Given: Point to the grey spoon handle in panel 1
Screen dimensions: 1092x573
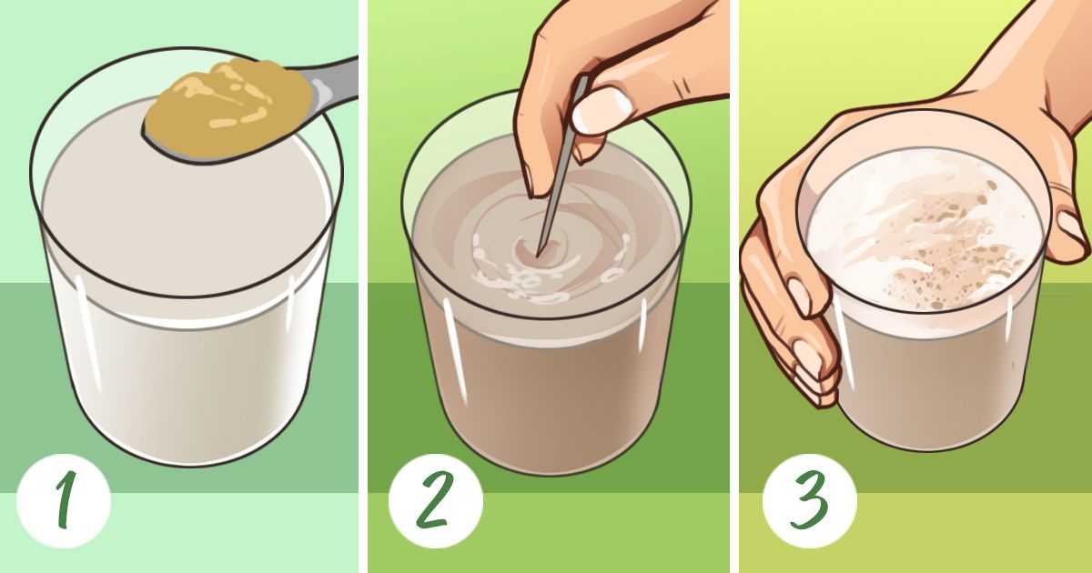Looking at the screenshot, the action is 331,84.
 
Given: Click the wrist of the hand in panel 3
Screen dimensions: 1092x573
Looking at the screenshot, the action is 1048,49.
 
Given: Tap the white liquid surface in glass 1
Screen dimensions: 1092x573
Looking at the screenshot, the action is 186,205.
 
